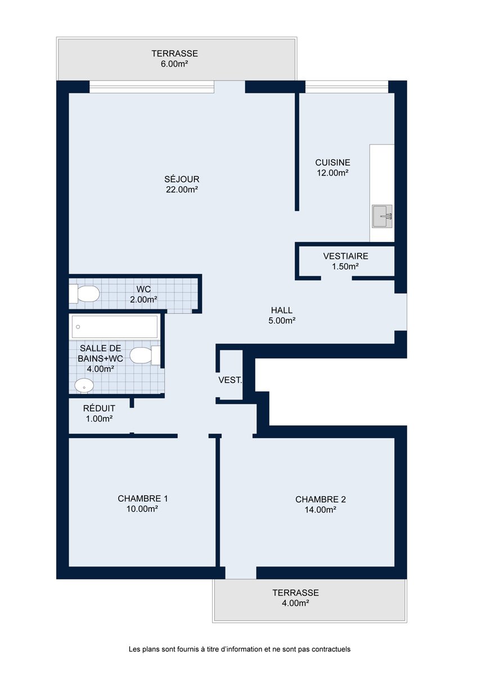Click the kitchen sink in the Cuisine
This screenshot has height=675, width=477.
pyautogui.click(x=382, y=216)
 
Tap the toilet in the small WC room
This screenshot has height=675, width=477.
pyautogui.click(x=84, y=294)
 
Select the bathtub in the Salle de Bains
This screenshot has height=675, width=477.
pyautogui.click(x=115, y=327)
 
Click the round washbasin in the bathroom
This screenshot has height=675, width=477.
pyautogui.click(x=84, y=386)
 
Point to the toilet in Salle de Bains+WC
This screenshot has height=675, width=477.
pyautogui.click(x=145, y=355)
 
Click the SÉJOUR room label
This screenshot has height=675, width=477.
pyautogui.click(x=182, y=179)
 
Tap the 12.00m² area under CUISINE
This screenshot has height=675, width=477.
pyautogui.click(x=332, y=173)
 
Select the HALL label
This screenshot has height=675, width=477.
pyautogui.click(x=282, y=310)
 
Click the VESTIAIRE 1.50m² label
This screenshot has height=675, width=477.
pyautogui.click(x=345, y=261)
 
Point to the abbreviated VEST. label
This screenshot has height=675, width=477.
pyautogui.click(x=230, y=380)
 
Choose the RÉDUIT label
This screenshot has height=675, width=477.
pyautogui.click(x=99, y=408)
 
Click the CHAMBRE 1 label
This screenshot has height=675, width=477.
pyautogui.click(x=142, y=498)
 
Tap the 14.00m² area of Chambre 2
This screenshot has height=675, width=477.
pyautogui.click(x=320, y=510)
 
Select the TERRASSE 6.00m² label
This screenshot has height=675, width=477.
pyautogui.click(x=174, y=58)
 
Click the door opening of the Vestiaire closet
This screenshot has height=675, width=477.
pyautogui.click(x=336, y=278)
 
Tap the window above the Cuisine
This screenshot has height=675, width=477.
pyautogui.click(x=346, y=87)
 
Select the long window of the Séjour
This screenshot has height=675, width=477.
pyautogui.click(x=151, y=87)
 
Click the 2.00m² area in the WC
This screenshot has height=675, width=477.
pyautogui.click(x=143, y=299)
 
